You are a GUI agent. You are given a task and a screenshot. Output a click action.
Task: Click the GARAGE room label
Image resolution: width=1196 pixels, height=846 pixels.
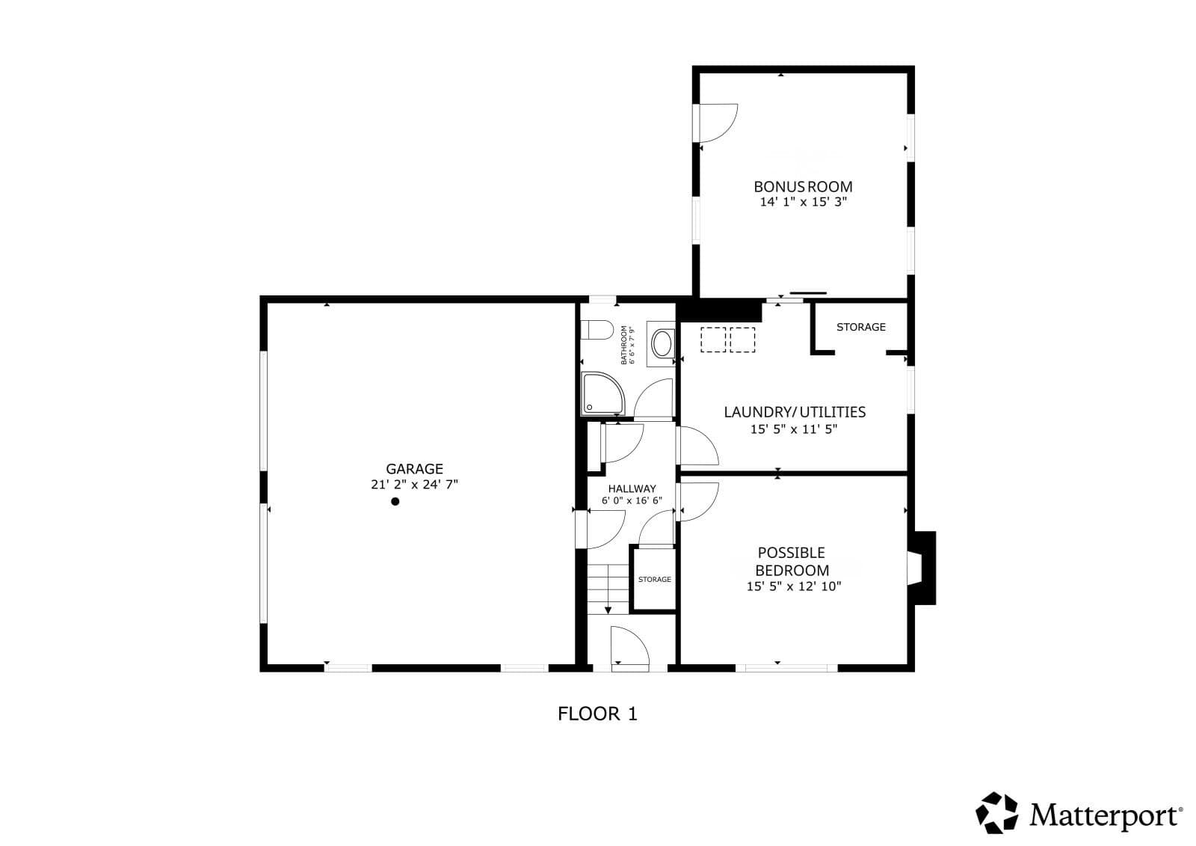414,469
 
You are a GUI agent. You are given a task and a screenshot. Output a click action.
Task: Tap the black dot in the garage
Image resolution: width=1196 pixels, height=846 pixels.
395,501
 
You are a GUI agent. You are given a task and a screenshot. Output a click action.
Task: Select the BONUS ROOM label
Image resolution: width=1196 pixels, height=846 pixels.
803,186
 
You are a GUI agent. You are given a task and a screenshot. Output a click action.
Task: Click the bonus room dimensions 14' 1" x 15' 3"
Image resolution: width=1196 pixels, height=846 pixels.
804,202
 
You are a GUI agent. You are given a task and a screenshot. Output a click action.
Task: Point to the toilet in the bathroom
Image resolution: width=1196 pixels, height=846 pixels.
597,329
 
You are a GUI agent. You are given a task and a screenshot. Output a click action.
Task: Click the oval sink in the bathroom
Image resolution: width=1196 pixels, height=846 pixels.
662,343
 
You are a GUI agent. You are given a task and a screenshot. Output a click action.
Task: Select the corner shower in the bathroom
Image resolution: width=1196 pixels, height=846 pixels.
602,393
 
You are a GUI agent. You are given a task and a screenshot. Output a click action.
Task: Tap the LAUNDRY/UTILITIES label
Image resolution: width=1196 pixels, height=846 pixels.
795,412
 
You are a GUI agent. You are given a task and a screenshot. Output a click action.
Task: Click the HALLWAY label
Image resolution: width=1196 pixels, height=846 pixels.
632,488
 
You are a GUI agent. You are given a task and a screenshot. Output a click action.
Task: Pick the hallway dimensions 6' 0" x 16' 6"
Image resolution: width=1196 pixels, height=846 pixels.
632,500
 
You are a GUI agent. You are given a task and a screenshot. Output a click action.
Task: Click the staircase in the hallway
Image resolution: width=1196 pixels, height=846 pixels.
608,589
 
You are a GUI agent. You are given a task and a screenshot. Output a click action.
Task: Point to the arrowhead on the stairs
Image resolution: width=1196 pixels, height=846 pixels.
608,610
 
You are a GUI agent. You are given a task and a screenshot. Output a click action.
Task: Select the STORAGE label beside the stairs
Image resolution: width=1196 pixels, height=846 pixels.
655,579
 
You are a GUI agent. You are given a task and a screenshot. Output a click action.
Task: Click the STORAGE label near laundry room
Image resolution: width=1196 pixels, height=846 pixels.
860,327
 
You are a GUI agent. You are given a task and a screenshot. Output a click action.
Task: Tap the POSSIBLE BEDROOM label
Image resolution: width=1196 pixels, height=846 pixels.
792,561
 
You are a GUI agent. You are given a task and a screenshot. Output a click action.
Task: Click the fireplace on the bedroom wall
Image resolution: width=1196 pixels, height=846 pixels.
922,568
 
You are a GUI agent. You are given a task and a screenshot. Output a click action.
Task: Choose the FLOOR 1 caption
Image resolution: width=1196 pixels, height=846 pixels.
597,714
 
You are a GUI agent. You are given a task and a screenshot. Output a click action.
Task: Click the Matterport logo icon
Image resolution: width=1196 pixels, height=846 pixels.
996,812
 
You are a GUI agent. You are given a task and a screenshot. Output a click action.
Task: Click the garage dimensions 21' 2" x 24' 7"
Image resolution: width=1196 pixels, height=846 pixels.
414,485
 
